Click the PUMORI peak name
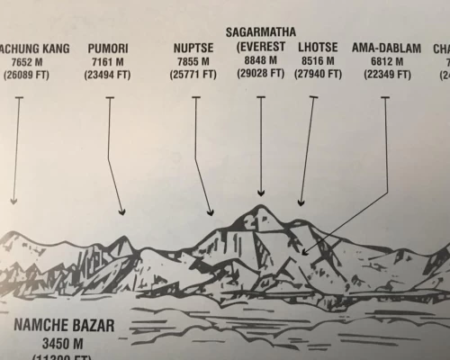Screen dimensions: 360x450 pyautogui.click(x=109, y=47)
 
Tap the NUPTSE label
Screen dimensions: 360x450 pyautogui.click(x=194, y=47)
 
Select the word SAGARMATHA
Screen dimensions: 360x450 pyautogui.click(x=261, y=31)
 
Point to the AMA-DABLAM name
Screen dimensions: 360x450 pyautogui.click(x=386, y=47)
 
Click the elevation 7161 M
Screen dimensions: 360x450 pyautogui.click(x=109, y=61)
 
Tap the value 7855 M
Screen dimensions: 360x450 pyautogui.click(x=194, y=61)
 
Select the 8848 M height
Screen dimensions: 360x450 pyautogui.click(x=261, y=59)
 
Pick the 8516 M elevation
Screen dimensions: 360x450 pyautogui.click(x=319, y=60)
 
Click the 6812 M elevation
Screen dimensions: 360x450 pyautogui.click(x=386, y=61)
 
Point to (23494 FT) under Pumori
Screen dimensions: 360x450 pyautogui.click(x=109, y=75)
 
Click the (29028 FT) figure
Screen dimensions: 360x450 pyautogui.click(x=261, y=74)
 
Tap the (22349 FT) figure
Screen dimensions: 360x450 pyautogui.click(x=386, y=75)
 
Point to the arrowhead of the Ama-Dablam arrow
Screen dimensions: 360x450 pyautogui.click(x=307, y=253)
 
